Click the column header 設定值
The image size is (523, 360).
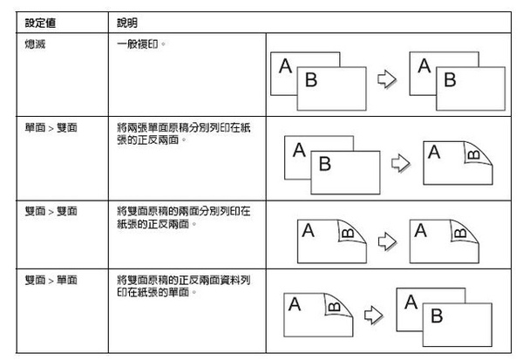(x=40, y=23)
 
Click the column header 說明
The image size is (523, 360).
(x=127, y=23)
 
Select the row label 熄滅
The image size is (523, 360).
(x=35, y=44)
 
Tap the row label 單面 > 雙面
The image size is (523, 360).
(x=51, y=127)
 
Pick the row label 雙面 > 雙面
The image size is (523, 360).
(x=51, y=211)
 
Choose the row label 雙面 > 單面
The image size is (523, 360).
(x=51, y=280)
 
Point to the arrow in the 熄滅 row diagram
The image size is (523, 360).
(x=387, y=79)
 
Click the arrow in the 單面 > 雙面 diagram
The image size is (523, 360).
(x=401, y=163)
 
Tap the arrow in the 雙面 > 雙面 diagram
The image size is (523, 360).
(x=387, y=241)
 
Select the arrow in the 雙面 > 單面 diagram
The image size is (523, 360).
(x=374, y=315)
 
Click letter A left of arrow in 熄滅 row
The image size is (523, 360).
(x=286, y=65)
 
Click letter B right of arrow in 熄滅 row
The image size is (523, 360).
(x=450, y=79)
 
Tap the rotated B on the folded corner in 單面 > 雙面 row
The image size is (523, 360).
(x=474, y=155)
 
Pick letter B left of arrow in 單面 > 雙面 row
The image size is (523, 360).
(x=325, y=164)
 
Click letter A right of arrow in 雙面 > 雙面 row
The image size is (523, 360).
(x=421, y=230)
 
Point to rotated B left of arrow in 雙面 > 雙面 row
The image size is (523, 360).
(x=348, y=233)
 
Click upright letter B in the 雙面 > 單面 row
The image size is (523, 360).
(x=437, y=316)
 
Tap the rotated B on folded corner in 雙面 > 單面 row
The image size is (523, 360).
(x=334, y=307)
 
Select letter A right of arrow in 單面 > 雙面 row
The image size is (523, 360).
(x=434, y=153)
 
